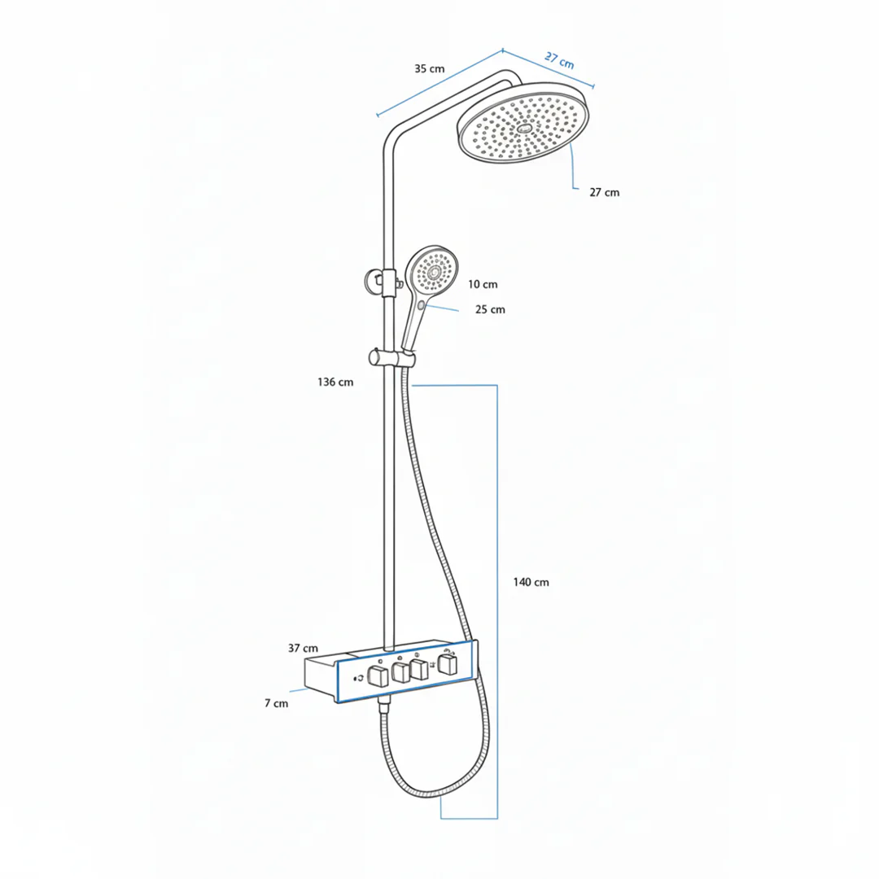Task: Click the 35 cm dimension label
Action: (x=430, y=69)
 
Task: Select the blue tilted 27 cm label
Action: (x=559, y=60)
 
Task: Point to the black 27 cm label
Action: (x=604, y=192)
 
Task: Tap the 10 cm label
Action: (x=483, y=284)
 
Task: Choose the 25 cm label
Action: (x=490, y=309)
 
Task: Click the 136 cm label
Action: (x=335, y=383)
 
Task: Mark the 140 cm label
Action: (x=531, y=583)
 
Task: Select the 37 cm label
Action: (x=303, y=648)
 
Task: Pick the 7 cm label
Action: (x=277, y=703)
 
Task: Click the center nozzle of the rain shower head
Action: (x=525, y=129)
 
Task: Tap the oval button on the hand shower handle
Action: (x=422, y=305)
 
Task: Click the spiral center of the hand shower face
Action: (x=434, y=273)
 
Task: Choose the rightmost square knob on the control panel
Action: (x=448, y=664)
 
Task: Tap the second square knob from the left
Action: (x=400, y=672)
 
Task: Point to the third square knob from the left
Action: (x=419, y=669)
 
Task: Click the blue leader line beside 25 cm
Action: (x=443, y=308)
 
